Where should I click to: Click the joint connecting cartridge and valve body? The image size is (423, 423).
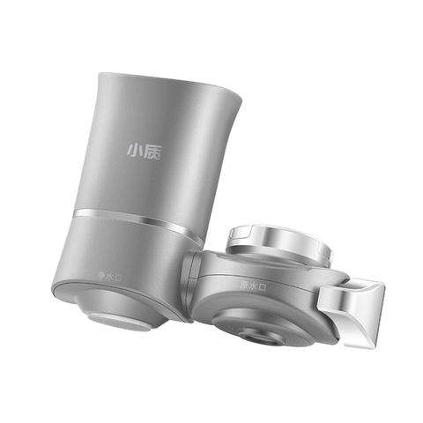[x=192, y=273]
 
